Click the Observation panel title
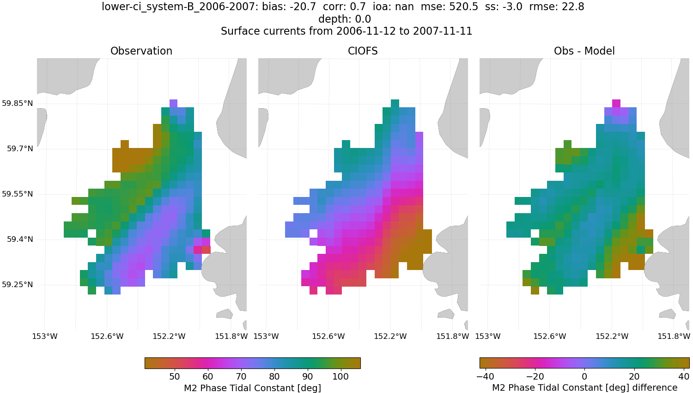141,51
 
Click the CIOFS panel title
363,51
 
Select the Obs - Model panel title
584,51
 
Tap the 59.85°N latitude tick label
18,104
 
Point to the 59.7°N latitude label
20,149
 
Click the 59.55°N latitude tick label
18,194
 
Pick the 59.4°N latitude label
20,239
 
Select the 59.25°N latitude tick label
18,285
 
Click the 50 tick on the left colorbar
174,377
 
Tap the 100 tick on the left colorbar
340,377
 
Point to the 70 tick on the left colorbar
241,377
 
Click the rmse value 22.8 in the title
574,7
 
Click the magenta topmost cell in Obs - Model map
616,104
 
